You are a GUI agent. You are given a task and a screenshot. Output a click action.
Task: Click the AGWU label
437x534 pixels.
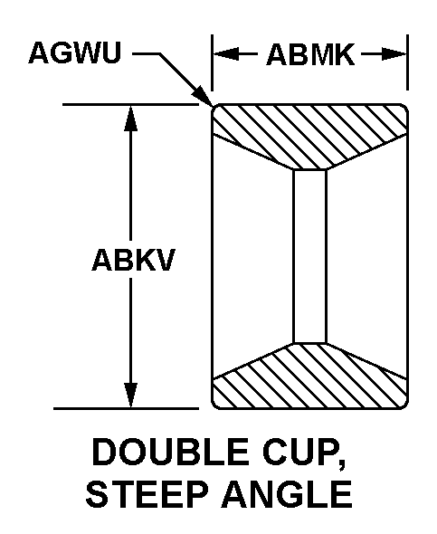[75, 53]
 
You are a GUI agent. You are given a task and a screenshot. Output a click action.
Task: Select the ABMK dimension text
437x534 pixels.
[310, 54]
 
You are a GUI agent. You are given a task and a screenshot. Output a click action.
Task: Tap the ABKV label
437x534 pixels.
[133, 260]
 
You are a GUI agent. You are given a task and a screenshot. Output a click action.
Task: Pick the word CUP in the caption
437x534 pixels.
[299, 453]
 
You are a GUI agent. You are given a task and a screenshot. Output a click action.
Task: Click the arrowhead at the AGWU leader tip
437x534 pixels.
[204, 96]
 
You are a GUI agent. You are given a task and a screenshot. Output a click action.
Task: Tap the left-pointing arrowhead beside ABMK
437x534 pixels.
[226, 53]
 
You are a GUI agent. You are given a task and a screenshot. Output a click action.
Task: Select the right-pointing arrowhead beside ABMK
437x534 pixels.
[394, 53]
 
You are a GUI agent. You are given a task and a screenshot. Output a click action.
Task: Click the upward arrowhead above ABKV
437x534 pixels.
[130, 119]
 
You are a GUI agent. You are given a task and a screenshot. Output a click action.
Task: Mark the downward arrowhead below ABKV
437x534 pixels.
[130, 395]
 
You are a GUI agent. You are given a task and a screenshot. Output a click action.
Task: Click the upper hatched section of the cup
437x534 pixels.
[309, 135]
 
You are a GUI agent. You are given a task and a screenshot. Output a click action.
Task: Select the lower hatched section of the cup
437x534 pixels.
[309, 378]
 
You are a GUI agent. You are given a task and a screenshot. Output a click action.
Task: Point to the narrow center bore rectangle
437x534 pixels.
[309, 256]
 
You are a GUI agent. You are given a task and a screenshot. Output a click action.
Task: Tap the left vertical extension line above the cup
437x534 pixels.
[213, 62]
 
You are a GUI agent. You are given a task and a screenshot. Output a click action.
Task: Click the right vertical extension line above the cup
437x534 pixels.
[407, 62]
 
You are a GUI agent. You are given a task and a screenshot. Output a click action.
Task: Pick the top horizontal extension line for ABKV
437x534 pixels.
[130, 104]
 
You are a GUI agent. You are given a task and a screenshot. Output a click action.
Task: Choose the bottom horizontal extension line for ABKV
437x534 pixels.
[126, 408]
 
